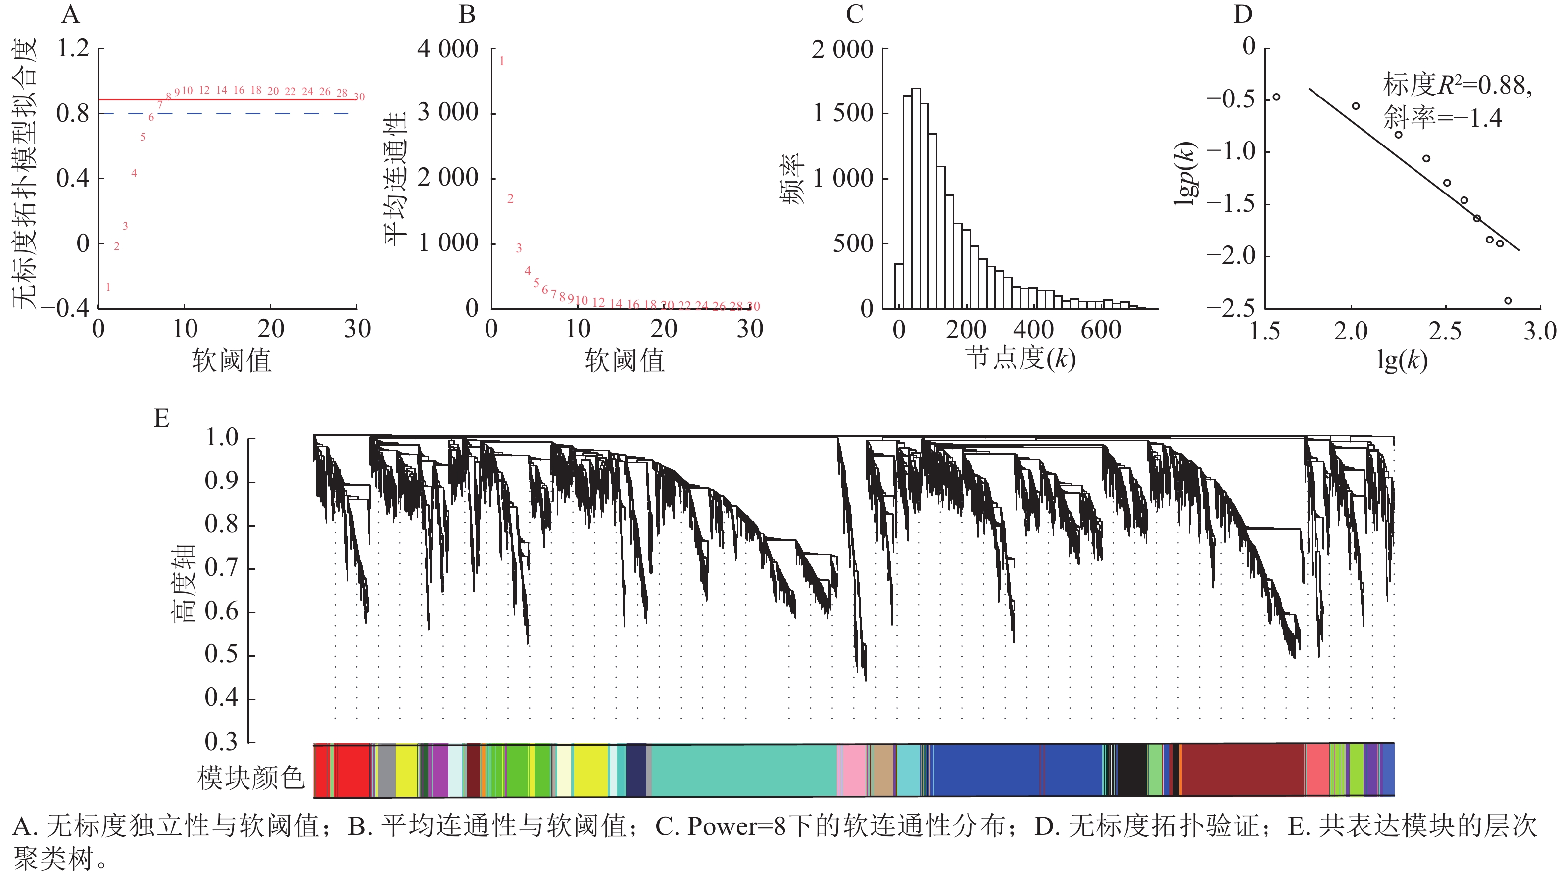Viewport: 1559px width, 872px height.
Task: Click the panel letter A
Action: coord(71,14)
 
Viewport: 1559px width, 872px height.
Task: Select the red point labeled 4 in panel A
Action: coord(134,174)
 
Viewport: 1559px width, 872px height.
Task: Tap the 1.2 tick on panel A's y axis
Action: coord(73,48)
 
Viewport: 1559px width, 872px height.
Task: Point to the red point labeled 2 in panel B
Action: coord(510,198)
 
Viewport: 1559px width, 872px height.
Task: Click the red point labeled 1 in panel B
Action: coord(502,61)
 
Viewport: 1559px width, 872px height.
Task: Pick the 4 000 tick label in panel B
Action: coord(448,49)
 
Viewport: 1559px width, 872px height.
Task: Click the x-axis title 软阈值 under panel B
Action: coord(625,361)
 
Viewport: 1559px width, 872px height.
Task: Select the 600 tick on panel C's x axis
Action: coord(1101,330)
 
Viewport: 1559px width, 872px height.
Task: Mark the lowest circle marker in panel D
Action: coord(1508,301)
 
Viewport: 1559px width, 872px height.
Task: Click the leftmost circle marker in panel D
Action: coord(1276,97)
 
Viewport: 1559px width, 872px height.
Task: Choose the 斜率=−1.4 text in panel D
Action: coord(1442,117)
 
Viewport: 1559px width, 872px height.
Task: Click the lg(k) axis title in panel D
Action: coord(1402,361)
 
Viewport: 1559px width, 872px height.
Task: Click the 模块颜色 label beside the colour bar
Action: coord(250,777)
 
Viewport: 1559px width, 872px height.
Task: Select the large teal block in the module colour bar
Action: coord(744,771)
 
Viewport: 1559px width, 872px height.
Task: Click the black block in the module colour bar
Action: coord(1132,771)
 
